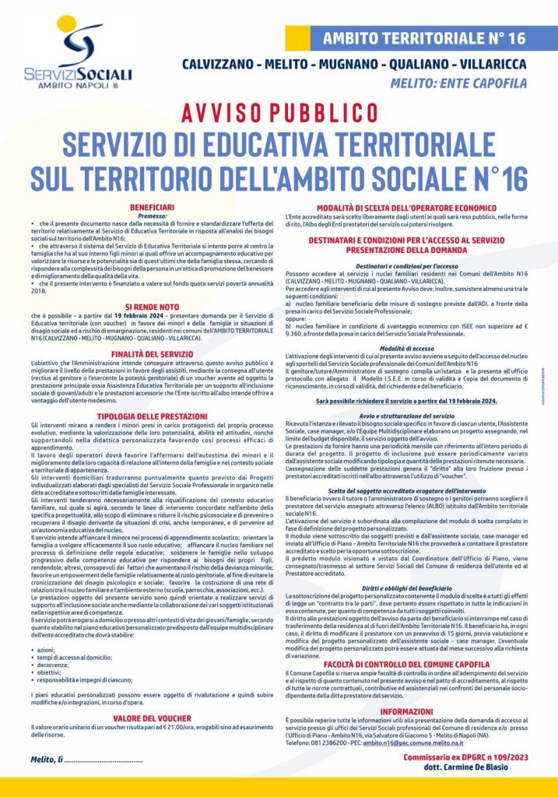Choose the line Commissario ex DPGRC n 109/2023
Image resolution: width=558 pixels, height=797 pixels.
pyautogui.click(x=461, y=755)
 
